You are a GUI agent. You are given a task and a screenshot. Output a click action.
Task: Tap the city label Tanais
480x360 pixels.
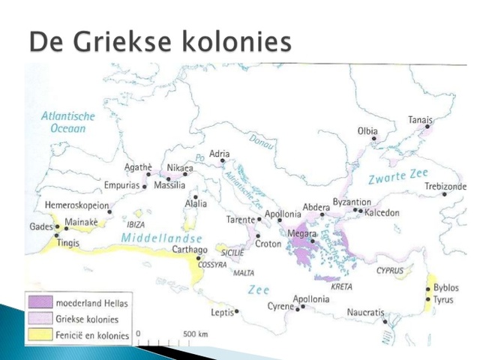coord(420,119)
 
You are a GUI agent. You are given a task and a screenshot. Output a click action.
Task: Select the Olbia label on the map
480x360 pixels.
coord(367,131)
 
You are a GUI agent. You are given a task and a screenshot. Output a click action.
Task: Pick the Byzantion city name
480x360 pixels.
coord(352,202)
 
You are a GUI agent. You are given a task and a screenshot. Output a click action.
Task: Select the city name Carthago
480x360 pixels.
coord(189,249)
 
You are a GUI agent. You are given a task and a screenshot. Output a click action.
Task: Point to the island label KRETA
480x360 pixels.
coord(341,286)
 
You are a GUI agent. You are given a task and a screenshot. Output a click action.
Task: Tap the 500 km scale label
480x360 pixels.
coord(195,333)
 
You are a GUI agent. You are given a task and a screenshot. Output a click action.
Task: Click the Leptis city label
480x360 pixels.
coord(222,311)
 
